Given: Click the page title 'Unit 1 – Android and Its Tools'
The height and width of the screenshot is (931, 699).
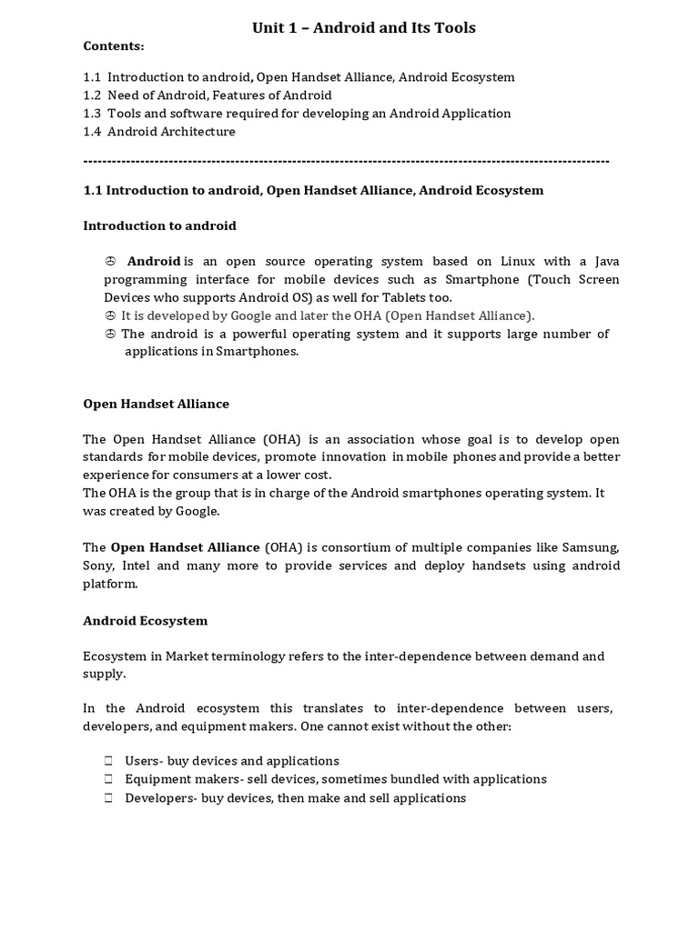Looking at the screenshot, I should [x=363, y=27].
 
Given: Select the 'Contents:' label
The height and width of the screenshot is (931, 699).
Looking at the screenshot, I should [x=114, y=46].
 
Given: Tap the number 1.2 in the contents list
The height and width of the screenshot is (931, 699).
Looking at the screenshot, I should [x=93, y=95].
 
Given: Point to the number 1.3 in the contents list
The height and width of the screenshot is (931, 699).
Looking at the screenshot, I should [x=93, y=114].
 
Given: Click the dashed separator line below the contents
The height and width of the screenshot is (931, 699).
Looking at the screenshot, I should [x=346, y=161].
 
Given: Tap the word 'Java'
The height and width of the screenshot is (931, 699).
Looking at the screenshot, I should [x=605, y=262].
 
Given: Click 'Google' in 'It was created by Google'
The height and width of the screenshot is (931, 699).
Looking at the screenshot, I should [x=198, y=511].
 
